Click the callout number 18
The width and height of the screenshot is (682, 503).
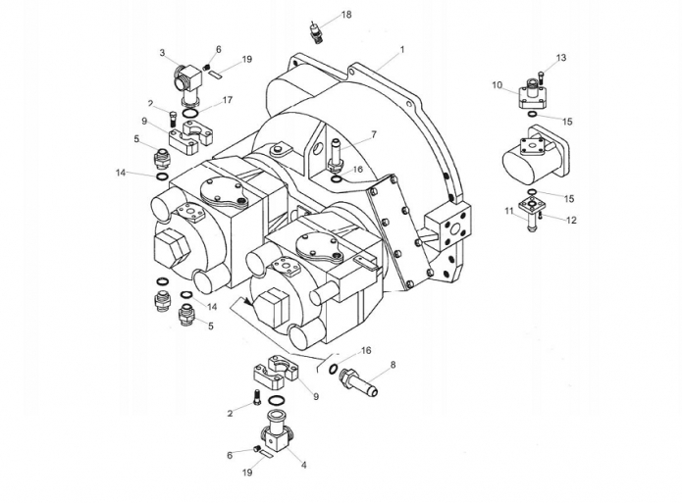pyautogui.click(x=346, y=15)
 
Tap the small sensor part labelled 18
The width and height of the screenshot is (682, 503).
pyautogui.click(x=315, y=31)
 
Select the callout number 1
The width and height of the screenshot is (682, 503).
pyautogui.click(x=402, y=50)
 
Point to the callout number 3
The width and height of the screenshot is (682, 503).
pyautogui.click(x=162, y=53)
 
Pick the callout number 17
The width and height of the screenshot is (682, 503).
pyautogui.click(x=228, y=100)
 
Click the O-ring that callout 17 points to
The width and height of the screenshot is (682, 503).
pyautogui.click(x=189, y=114)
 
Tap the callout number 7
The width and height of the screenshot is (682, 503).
pyautogui.click(x=374, y=134)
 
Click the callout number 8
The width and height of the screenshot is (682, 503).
pyautogui.click(x=393, y=365)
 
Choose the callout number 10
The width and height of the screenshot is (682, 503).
pyautogui.click(x=498, y=85)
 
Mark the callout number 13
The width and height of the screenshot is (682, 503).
pyautogui.click(x=561, y=58)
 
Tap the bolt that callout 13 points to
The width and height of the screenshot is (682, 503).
pyautogui.click(x=542, y=77)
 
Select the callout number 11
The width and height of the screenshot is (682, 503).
pyautogui.click(x=509, y=211)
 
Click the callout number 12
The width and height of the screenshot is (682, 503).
pyautogui.click(x=571, y=220)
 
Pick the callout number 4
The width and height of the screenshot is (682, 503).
pyautogui.click(x=304, y=465)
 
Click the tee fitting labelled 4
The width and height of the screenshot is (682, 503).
pyautogui.click(x=276, y=431)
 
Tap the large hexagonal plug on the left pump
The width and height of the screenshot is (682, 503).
pyautogui.click(x=173, y=248)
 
